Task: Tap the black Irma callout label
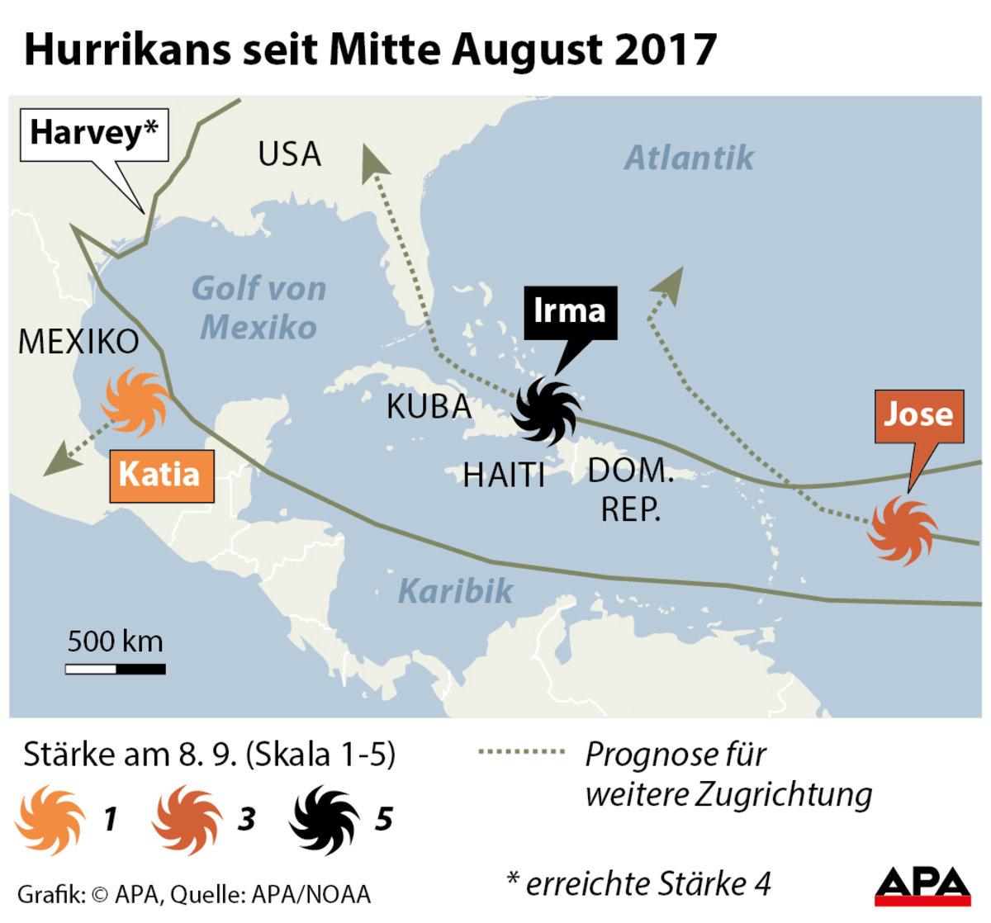point(571,312)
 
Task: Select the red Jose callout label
point(918,414)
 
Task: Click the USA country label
point(289,154)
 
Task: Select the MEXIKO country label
point(79,342)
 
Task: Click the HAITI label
point(504,476)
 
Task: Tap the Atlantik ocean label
point(689,158)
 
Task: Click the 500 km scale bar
point(115,668)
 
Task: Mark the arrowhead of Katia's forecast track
point(59,461)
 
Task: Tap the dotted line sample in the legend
point(522,752)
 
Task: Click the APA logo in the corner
point(922,883)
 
